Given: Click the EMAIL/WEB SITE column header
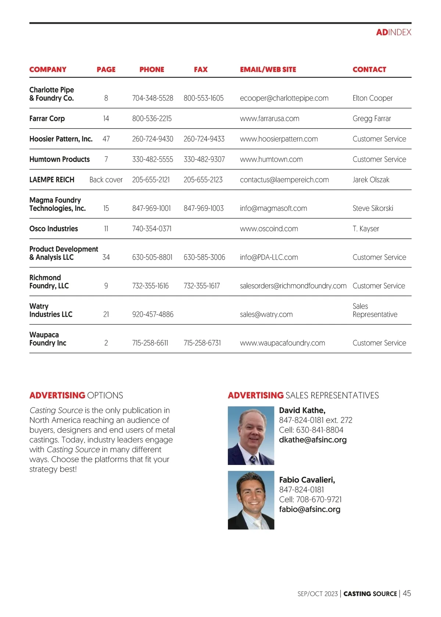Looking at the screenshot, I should pos(268,69).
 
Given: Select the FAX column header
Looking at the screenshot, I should pos(201,69).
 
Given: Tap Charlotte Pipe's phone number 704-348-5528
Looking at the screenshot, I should pos(153,98).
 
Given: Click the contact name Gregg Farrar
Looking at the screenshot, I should pos(372,119).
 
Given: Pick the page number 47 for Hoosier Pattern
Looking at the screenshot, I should pos(106,139).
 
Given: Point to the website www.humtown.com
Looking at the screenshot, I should pos(271,159).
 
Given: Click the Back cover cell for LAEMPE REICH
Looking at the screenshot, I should pos(106,180).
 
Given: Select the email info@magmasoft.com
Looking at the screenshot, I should pos(273,208).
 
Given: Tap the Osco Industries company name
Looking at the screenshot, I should pos(54,229).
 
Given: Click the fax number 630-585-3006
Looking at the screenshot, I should pos(204,257).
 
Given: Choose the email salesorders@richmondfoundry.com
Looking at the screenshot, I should pos(293,286).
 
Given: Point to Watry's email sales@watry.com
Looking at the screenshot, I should pos(266,314).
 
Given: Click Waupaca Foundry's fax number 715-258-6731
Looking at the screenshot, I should pos(202,343).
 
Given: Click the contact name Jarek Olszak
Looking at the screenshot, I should pos(371,180).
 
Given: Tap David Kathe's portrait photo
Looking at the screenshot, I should pos(251,436).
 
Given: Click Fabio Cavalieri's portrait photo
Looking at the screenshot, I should pos(251,500).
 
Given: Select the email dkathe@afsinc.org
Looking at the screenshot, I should pos(313,440).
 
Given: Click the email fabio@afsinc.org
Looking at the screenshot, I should pos(309,509).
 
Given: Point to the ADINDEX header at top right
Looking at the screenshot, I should pos(394,32).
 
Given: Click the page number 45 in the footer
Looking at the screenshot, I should pos(407,593).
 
